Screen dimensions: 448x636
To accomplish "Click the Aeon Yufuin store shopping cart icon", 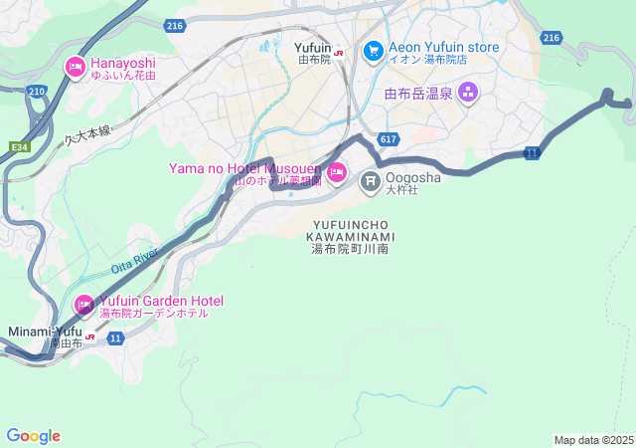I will pos(373,49).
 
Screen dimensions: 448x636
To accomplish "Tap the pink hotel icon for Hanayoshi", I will pos(75,68).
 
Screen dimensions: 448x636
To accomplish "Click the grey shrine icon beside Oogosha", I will pos(371,180).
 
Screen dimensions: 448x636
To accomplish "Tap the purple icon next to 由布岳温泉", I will pos(467,95).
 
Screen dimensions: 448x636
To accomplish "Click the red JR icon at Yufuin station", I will pos(339,55).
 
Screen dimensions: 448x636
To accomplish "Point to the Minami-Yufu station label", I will pos(45,331).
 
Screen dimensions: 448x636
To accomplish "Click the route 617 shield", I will pos(388,139).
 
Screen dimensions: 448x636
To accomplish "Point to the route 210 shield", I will pos(37,92).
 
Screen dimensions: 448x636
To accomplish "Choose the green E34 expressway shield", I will pos(19,145).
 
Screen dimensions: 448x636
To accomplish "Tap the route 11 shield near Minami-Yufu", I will pos(116,338).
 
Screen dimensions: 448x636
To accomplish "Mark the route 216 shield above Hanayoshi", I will pos(176,26).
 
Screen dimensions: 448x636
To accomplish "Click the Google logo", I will pos(33,436).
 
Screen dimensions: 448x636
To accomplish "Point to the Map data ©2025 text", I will pos(593,440).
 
